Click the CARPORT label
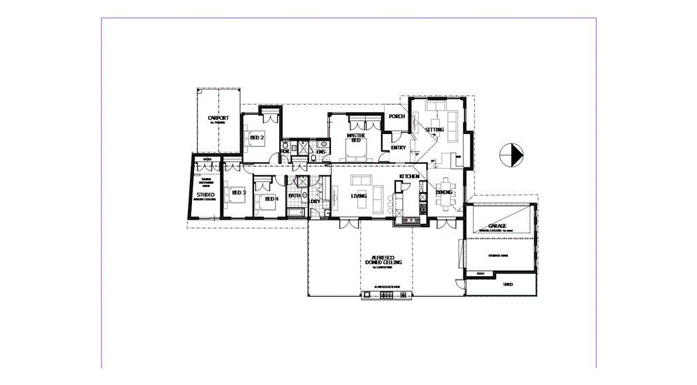coord(218,118)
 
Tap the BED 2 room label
coord(257,138)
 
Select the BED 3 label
coord(238,192)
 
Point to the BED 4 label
coord(271,199)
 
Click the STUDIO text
coord(206,195)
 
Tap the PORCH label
coord(397,116)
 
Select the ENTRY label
coord(398,148)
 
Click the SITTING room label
coord(434,129)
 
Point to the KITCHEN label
coord(409,176)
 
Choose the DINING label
coord(444,192)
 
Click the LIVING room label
coord(359,196)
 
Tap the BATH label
coord(295,196)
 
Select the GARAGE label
coord(497,226)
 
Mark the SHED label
coord(507,284)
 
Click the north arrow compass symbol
coord(510,155)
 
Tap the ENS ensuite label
coord(321,151)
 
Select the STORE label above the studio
coord(207,160)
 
